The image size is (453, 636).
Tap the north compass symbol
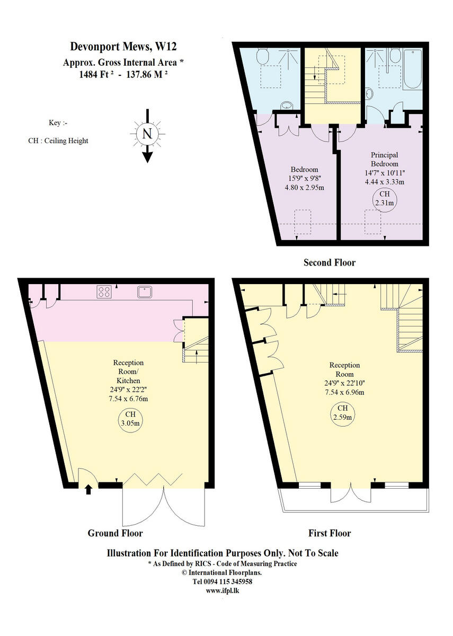point(147,134)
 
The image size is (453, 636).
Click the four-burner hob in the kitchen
point(104,291)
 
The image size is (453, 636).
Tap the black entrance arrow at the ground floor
point(88,488)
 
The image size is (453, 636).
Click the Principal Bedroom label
point(384,160)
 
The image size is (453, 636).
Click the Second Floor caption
point(329,262)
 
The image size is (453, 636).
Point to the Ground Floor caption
point(115,533)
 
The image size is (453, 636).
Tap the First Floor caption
point(329,533)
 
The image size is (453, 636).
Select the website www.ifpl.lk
point(223,590)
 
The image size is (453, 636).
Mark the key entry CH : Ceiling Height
point(58,141)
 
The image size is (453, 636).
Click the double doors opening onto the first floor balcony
point(350,492)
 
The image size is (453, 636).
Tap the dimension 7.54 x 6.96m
point(345,392)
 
